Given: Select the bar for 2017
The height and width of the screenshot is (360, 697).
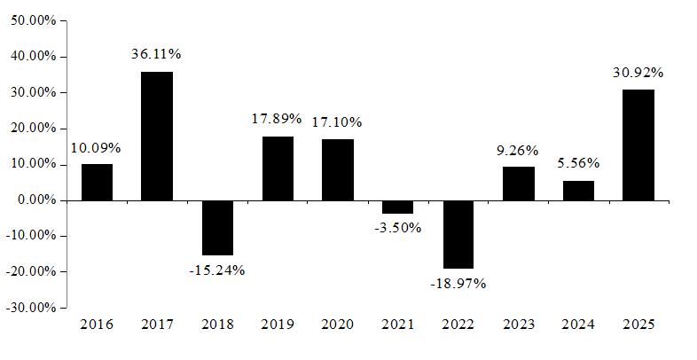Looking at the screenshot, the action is (157, 136).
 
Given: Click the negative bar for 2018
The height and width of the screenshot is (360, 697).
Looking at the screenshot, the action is (217, 228).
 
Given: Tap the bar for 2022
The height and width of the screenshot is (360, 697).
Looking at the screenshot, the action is (458, 235).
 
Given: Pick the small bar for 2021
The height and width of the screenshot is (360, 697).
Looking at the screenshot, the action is (398, 207).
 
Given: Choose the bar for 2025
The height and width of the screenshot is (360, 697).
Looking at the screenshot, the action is (638, 145).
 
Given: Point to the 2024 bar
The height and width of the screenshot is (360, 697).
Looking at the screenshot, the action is (578, 191).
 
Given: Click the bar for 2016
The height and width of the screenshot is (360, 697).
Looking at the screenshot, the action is (97, 183).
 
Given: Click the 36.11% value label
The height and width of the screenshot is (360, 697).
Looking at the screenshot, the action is (156, 54).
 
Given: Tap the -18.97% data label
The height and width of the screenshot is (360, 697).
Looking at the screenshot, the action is (458, 284).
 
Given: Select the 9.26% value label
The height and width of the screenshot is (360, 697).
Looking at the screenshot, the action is (517, 151).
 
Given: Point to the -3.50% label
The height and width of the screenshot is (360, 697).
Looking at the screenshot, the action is (398, 228).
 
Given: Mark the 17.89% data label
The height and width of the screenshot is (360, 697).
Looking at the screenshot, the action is (277, 119).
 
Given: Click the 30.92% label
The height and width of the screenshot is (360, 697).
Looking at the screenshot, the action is (638, 73).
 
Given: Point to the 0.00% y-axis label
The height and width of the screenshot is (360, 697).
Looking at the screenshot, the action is (37, 200).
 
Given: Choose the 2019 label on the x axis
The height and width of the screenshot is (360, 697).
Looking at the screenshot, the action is (278, 325).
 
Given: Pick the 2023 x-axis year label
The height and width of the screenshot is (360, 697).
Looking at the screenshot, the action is (518, 325).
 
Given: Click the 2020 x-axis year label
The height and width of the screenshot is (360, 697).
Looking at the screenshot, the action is (337, 325).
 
